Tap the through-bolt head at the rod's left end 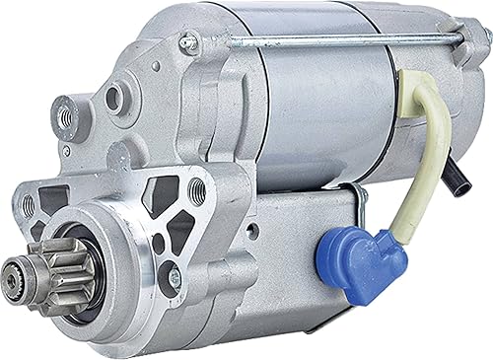[x=188, y=43]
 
